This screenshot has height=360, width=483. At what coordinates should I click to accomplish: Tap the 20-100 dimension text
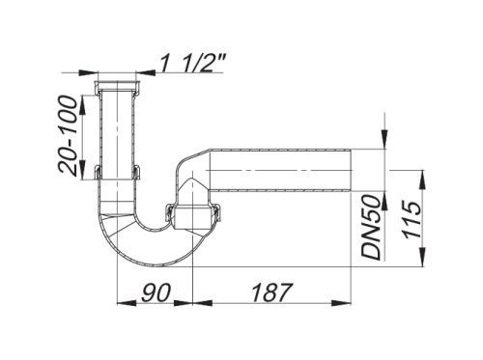click(68, 136)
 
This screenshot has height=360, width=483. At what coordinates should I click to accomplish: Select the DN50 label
click(371, 228)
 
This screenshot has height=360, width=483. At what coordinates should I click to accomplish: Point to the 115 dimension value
click(412, 219)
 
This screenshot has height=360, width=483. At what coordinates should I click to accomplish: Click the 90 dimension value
click(156, 292)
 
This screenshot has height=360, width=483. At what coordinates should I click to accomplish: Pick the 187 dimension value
click(271, 292)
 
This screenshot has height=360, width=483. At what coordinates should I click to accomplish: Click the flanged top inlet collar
click(117, 88)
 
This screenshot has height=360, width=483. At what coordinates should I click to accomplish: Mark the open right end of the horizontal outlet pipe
click(351, 170)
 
